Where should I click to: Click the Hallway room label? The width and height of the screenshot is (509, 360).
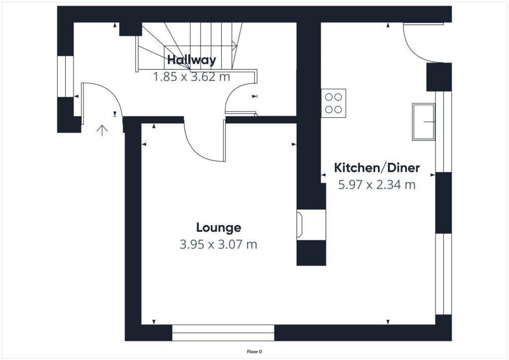[x=191, y=60]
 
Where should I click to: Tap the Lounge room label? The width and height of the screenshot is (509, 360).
[x=218, y=228]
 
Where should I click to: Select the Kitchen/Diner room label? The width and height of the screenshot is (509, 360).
[x=377, y=168]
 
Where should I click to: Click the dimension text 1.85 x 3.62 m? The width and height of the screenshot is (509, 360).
[x=191, y=77]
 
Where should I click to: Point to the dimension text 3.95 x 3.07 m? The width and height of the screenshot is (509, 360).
[x=218, y=245]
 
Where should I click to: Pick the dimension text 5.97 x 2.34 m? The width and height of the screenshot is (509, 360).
[x=377, y=185]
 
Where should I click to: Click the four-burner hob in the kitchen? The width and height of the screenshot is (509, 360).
[x=334, y=103]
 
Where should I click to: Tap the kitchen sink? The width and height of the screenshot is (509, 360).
[x=423, y=122]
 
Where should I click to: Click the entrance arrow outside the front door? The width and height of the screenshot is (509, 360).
[x=102, y=131]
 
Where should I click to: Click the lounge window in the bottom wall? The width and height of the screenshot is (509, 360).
[x=223, y=333]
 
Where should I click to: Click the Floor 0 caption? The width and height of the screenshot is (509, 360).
[x=254, y=352]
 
